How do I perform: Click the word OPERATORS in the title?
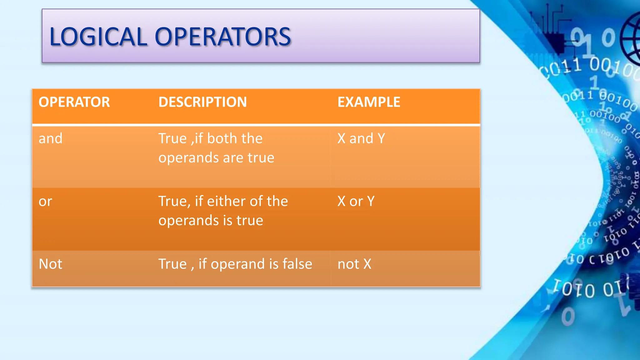(223, 37)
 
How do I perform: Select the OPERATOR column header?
(74, 102)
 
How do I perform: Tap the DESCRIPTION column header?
(202, 102)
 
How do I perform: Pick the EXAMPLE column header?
(369, 102)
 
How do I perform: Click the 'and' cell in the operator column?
(50, 138)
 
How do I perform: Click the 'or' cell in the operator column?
(45, 202)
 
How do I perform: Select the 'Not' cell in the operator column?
(50, 264)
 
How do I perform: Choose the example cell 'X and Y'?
(361, 138)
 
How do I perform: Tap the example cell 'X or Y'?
(356, 202)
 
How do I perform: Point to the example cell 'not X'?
(354, 264)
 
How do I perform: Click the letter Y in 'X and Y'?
(381, 138)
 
